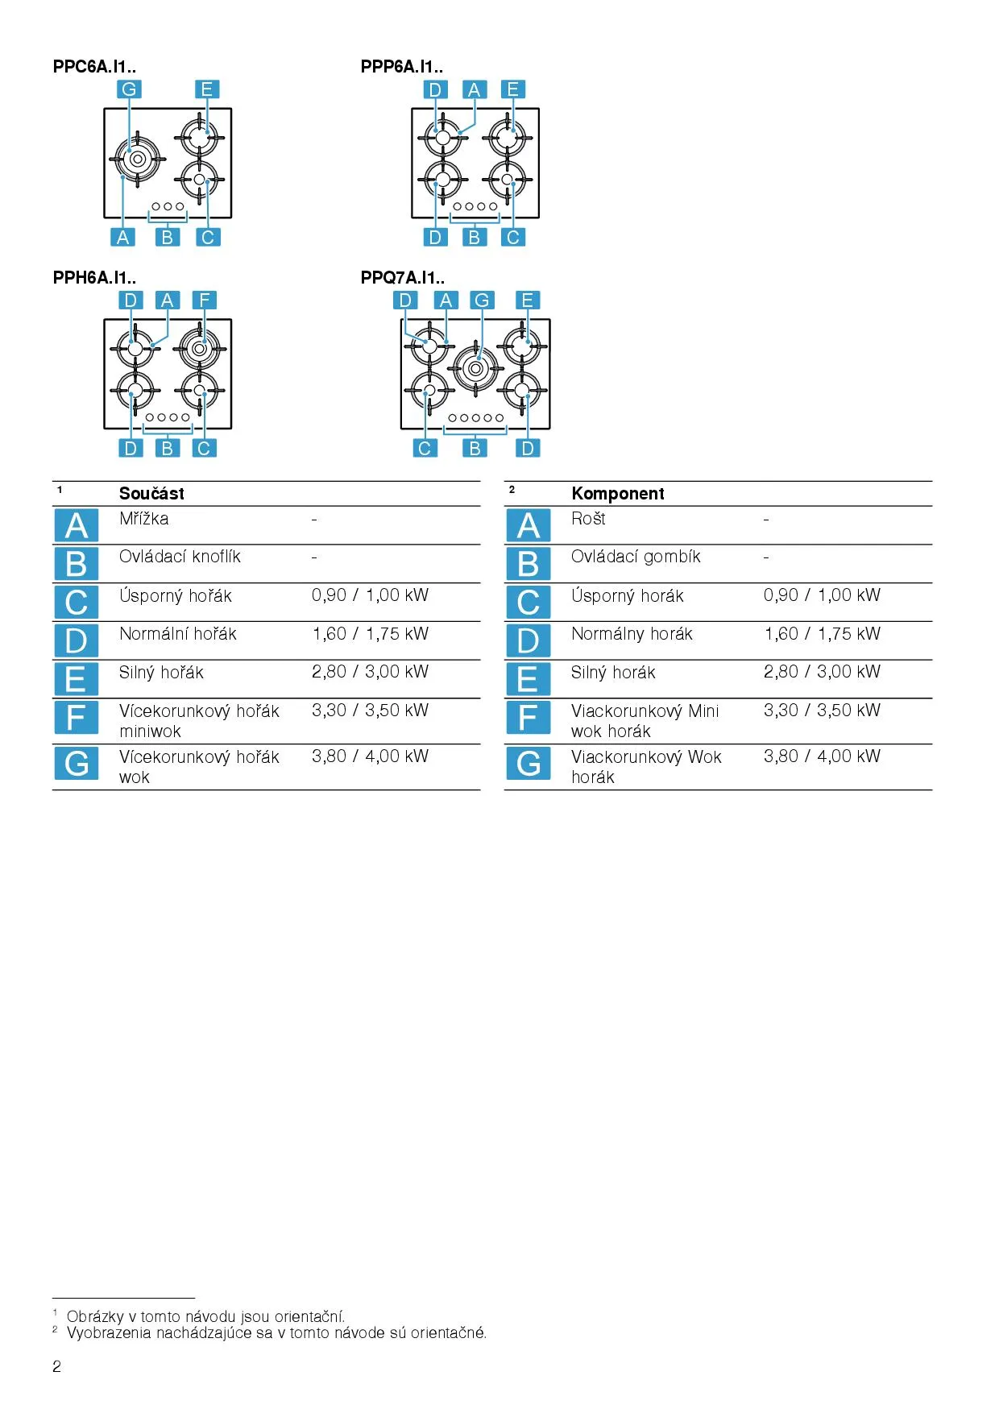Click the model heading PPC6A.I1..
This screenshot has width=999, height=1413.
tap(94, 67)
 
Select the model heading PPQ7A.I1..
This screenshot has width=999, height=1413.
tap(402, 278)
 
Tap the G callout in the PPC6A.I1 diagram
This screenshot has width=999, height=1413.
tap(129, 89)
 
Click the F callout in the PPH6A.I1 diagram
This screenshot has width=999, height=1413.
tap(204, 300)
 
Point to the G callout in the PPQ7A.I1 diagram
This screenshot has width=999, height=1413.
tap(482, 300)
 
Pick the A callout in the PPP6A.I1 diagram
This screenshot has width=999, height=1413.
tap(474, 89)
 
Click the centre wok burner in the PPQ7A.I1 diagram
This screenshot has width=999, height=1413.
tap(475, 368)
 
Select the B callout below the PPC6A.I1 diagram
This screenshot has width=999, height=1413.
tap(167, 238)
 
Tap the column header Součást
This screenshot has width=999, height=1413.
tap(151, 494)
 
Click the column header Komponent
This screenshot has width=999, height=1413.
tap(618, 494)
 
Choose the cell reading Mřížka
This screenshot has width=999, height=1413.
tap(144, 519)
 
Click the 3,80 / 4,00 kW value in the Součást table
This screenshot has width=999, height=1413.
tap(370, 756)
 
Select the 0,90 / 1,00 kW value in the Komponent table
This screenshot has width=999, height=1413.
tap(822, 595)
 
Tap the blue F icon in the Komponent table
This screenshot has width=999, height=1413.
tap(528, 717)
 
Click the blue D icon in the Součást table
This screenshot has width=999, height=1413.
tap(76, 640)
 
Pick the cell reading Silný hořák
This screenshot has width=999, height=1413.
tap(161, 673)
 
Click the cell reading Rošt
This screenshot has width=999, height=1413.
tap(588, 519)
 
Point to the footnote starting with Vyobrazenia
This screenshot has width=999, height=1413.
tap(276, 1333)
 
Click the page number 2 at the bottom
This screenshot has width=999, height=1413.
tap(56, 1366)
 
